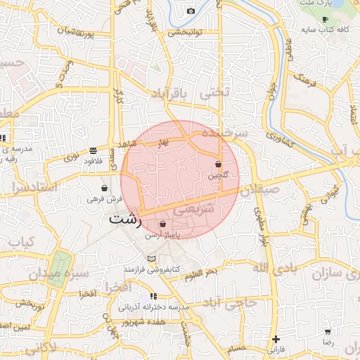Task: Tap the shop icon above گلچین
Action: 219,165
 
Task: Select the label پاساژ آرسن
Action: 162,236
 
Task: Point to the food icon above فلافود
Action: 94,150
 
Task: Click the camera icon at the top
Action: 191,11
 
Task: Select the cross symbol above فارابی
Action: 275,338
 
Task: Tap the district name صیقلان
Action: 259,189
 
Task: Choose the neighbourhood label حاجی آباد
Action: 238,303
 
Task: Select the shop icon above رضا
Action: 327,331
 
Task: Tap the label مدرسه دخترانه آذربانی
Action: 154,307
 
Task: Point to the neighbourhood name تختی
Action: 214,92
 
